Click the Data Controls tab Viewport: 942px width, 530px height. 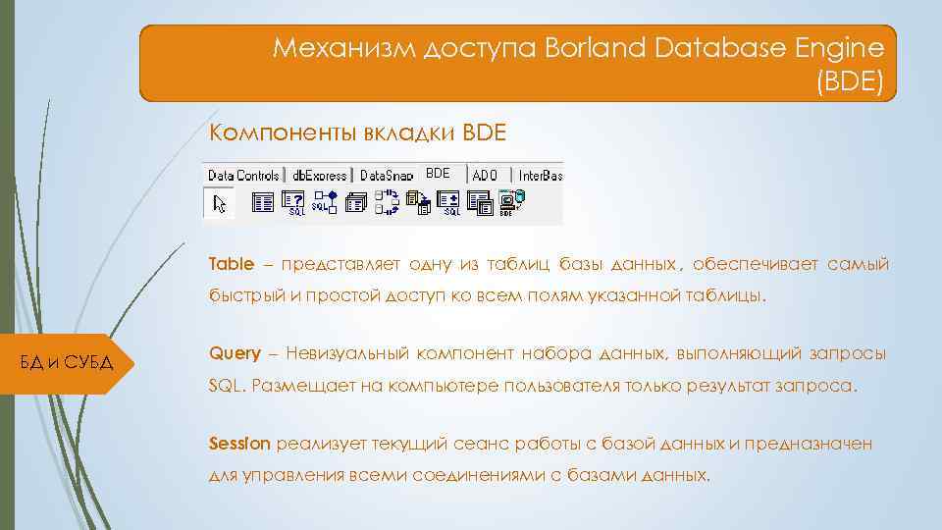pyautogui.click(x=243, y=175)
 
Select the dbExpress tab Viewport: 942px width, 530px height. pyautogui.click(x=320, y=175)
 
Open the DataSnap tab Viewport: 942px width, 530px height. pyautogui.click(x=386, y=175)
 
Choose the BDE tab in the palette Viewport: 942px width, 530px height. pyautogui.click(x=439, y=173)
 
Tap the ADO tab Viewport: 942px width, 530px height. pyautogui.click(x=485, y=175)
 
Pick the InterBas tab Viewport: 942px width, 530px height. pyautogui.click(x=540, y=175)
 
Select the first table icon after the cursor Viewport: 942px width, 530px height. pyautogui.click(x=263, y=202)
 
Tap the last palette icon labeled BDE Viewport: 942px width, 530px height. pyautogui.click(x=507, y=203)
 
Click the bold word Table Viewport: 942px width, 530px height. pyautogui.click(x=231, y=264)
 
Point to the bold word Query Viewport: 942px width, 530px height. pyautogui.click(x=235, y=353)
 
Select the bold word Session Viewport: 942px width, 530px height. pyautogui.click(x=238, y=444)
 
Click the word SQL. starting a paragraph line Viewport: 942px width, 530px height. pyautogui.click(x=227, y=385)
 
